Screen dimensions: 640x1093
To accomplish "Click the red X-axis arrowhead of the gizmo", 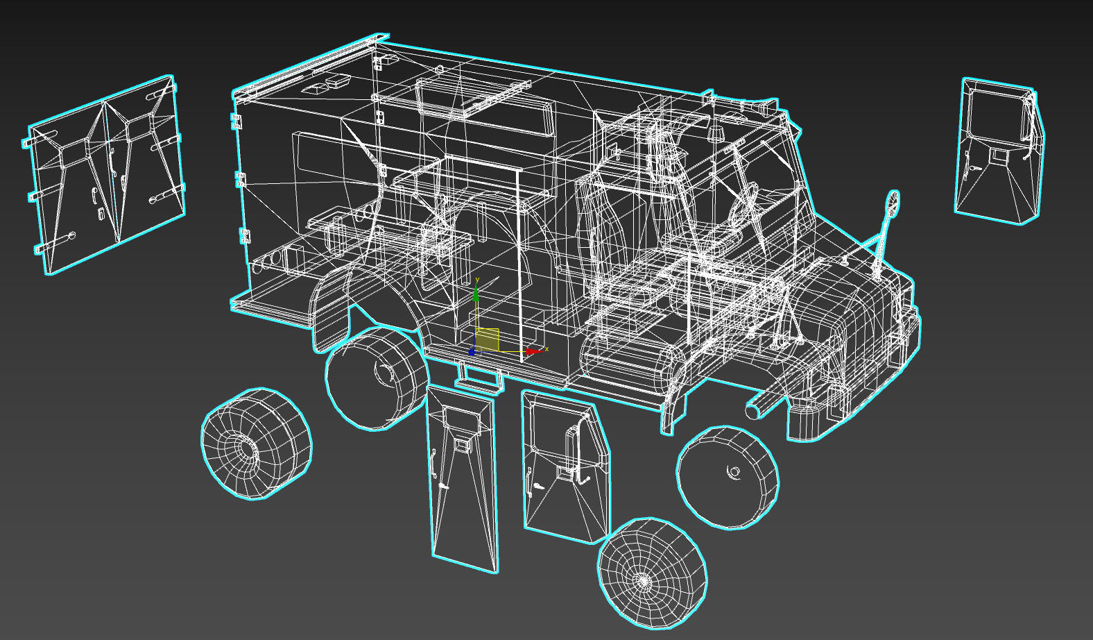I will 532,352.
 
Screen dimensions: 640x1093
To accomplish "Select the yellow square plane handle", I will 488,340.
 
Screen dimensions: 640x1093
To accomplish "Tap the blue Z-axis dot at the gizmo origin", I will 472,352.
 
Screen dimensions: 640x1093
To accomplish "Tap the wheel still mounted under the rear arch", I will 375,378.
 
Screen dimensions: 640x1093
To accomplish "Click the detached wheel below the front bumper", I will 728,478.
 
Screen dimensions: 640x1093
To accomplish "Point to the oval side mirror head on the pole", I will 893,203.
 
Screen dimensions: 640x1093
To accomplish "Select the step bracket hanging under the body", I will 479,378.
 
